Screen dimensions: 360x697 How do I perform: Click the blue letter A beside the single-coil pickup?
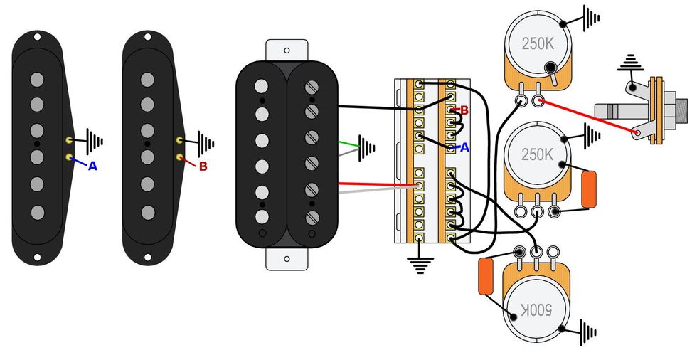[x=92, y=166]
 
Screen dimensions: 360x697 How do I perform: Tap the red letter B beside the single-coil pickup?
[x=203, y=166]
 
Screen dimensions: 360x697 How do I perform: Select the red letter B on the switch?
[x=464, y=110]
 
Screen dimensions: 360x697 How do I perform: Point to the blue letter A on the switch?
[x=465, y=147]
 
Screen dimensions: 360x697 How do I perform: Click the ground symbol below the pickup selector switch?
[x=420, y=265]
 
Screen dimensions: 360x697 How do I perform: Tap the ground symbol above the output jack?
[x=629, y=64]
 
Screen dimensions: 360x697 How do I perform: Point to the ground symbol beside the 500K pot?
[x=588, y=330]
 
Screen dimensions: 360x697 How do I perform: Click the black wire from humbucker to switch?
[x=373, y=108]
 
